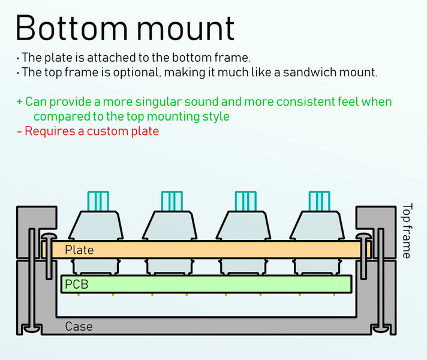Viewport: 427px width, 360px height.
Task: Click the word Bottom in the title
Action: coord(71,28)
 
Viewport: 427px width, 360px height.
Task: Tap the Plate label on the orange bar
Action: coord(79,250)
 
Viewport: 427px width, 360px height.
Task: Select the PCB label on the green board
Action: coord(77,284)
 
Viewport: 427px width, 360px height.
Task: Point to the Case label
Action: coord(79,326)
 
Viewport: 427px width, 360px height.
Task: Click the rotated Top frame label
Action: coord(407,230)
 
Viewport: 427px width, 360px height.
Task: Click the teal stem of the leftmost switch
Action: coord(98,201)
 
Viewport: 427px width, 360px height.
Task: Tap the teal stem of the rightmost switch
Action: coord(320,201)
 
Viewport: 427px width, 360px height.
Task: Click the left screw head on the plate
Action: coord(49,236)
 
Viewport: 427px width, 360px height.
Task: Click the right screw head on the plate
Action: coord(364,236)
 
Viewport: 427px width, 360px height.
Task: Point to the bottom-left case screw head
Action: coord(32,329)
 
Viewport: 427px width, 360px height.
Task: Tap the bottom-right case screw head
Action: coord(381,329)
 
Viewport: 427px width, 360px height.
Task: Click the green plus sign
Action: coord(19,102)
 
